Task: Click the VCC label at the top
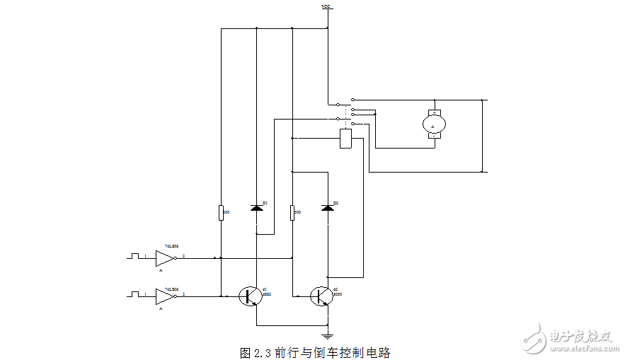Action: click(x=326, y=6)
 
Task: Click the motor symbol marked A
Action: click(x=433, y=124)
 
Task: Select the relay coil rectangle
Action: click(x=345, y=138)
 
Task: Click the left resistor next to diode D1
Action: click(x=221, y=211)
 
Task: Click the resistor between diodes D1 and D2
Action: click(x=292, y=211)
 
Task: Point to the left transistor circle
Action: click(x=249, y=296)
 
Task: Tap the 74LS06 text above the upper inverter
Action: click(x=171, y=245)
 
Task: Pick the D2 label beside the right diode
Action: click(x=336, y=203)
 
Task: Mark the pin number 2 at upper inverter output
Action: click(x=184, y=255)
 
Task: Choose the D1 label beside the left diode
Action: click(x=265, y=203)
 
